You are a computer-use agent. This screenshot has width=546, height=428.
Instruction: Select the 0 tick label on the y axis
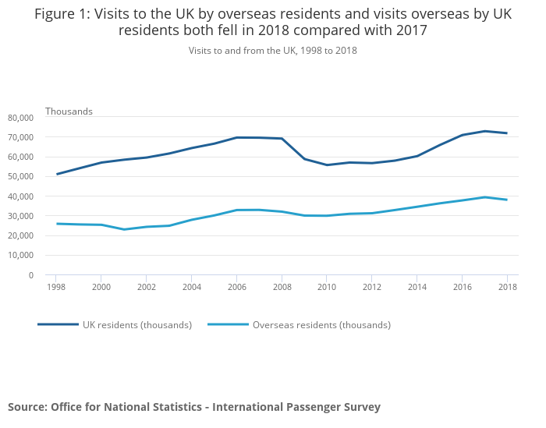(x=31, y=275)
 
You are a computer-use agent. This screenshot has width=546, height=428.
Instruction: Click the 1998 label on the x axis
(x=56, y=288)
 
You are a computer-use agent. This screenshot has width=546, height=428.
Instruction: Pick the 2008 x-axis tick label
(x=282, y=288)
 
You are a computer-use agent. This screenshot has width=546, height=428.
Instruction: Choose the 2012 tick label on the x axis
(x=371, y=288)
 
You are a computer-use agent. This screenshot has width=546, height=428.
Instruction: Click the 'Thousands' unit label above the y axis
(x=69, y=111)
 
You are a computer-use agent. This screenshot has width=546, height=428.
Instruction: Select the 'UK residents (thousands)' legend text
(x=137, y=325)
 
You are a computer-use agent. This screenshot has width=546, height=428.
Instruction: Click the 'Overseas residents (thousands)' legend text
(x=321, y=325)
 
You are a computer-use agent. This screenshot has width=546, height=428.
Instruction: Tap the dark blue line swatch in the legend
(x=58, y=324)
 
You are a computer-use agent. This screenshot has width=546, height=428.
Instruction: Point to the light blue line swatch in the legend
(x=228, y=324)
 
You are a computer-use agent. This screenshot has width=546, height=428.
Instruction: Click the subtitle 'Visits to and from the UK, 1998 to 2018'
(x=272, y=51)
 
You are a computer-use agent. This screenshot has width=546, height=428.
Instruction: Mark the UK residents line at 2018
(x=506, y=133)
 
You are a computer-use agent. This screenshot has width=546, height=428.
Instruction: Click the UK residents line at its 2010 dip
(x=326, y=164)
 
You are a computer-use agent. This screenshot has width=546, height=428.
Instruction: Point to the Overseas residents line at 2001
(x=124, y=229)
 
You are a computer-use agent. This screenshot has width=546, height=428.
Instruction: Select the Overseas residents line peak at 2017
(x=484, y=197)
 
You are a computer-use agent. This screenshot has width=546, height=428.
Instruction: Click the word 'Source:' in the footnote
(x=27, y=407)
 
